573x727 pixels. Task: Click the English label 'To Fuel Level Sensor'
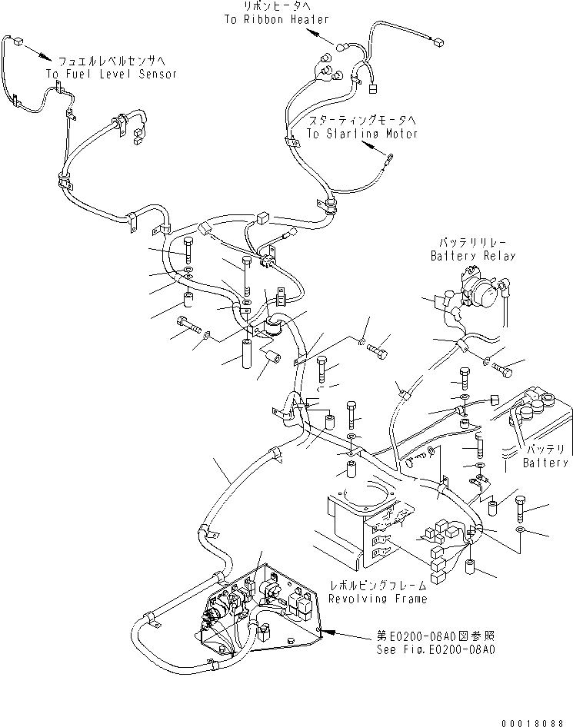pyautogui.click(x=111, y=75)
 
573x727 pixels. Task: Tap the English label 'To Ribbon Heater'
pyautogui.click(x=267, y=20)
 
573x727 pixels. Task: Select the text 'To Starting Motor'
pyautogui.click(x=361, y=134)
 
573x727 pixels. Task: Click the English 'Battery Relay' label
pyautogui.click(x=473, y=255)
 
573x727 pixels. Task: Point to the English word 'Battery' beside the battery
pyautogui.click(x=545, y=463)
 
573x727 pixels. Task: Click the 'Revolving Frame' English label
pyautogui.click(x=378, y=599)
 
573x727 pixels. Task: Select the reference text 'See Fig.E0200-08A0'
pyautogui.click(x=435, y=649)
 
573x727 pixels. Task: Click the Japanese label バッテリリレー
pyautogui.click(x=471, y=242)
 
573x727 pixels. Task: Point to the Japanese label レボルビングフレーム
pyautogui.click(x=378, y=586)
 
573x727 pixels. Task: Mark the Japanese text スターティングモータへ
pyautogui.click(x=361, y=121)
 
